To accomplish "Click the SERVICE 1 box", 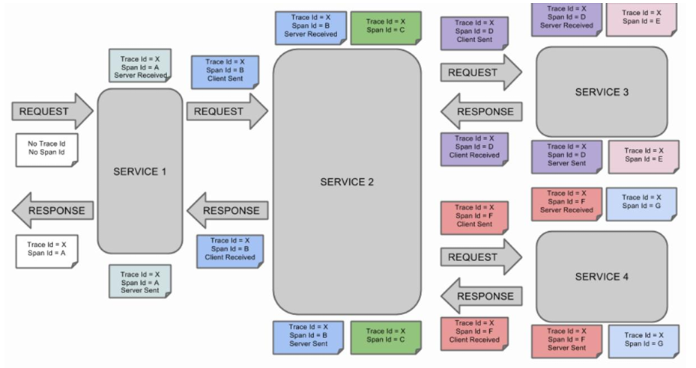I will click(x=140, y=171).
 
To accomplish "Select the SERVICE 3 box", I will click(x=602, y=91).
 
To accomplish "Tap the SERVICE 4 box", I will click(x=602, y=276).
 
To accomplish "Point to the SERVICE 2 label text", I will click(x=347, y=182).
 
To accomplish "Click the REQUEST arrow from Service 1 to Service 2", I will click(x=226, y=111).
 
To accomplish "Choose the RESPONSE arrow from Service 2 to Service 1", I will click(x=227, y=210).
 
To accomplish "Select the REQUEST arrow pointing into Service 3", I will click(x=480, y=73).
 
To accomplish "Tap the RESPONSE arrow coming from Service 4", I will click(x=480, y=296).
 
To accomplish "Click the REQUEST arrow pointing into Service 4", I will click(x=480, y=257).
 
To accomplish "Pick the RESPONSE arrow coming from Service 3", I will click(x=480, y=111).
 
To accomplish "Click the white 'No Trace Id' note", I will click(x=46, y=148).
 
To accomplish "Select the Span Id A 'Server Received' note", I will click(x=141, y=66).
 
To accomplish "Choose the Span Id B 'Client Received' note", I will click(x=230, y=249).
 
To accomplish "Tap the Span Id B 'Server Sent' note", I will click(x=308, y=337).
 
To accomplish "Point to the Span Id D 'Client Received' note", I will click(x=474, y=147).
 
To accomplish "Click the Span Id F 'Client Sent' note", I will click(x=474, y=215).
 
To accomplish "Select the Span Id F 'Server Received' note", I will click(x=566, y=202).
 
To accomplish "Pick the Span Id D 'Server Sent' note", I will click(x=566, y=156).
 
